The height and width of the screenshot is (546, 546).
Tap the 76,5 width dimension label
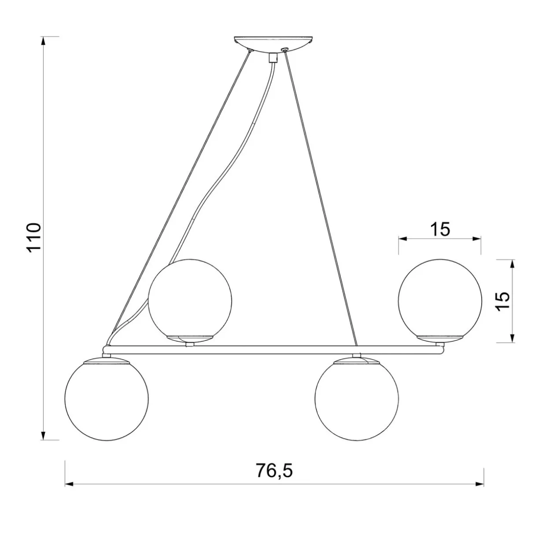pyautogui.click(x=274, y=471)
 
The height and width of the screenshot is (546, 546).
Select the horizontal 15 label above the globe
pyautogui.click(x=440, y=229)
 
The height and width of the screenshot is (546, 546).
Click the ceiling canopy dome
pyautogui.click(x=274, y=44)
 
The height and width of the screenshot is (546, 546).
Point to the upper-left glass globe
pyautogui.click(x=190, y=300)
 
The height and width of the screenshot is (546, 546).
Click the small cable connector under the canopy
pyautogui.click(x=273, y=57)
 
